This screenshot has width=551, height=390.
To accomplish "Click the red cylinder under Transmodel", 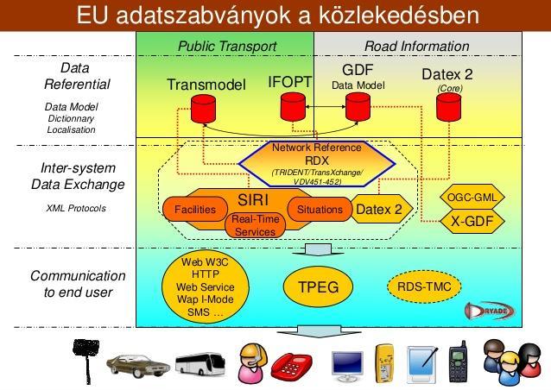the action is (203, 109).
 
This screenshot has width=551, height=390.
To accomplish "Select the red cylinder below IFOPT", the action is (293, 107).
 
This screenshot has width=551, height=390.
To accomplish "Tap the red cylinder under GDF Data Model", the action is (358, 107).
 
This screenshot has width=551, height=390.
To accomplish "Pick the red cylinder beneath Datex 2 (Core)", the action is (449, 107).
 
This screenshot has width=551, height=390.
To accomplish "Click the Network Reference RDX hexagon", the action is (317, 164).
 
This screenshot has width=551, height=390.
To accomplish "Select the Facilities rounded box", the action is (195, 209).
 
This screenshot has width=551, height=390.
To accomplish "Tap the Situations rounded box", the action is (320, 209).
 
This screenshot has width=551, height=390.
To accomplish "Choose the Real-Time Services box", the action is (255, 225).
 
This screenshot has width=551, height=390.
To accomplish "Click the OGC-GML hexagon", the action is (472, 198).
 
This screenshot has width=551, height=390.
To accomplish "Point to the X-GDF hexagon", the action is (472, 221).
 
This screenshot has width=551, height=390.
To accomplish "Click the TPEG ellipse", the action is (318, 286).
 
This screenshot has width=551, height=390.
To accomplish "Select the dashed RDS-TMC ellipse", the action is (424, 286).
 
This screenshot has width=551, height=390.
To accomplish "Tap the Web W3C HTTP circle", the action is (206, 287).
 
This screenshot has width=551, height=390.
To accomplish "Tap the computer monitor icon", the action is (347, 367).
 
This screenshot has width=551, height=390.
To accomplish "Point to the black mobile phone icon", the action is (459, 362).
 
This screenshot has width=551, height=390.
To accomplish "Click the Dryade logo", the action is (491, 311).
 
